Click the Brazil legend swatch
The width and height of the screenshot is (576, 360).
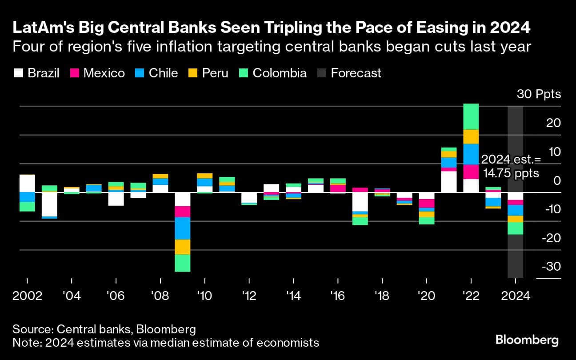(18, 73)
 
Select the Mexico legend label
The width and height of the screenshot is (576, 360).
(104, 73)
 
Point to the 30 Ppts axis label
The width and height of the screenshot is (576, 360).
(539, 94)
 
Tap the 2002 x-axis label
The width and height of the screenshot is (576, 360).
(28, 296)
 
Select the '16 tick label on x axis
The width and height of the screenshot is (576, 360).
(338, 296)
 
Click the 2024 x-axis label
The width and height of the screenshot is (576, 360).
(515, 296)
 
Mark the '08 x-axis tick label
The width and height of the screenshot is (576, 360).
(160, 296)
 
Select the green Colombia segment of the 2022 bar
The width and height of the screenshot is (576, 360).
(471, 116)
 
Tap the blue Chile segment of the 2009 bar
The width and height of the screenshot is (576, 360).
(182, 228)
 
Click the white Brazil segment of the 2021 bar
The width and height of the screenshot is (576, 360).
(449, 182)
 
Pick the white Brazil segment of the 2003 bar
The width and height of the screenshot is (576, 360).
(49, 204)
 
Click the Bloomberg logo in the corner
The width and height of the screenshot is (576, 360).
(527, 340)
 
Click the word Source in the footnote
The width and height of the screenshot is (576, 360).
(32, 330)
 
